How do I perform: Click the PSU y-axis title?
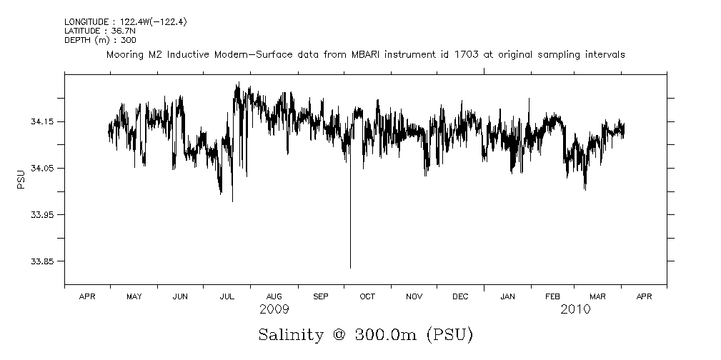pyautogui.click(x=21, y=179)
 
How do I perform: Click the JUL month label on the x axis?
pyautogui.click(x=227, y=296)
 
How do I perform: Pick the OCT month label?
pyautogui.click(x=367, y=296)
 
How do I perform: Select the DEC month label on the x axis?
pyautogui.click(x=460, y=296)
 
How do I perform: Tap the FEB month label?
pyautogui.click(x=553, y=296)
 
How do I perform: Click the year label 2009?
pyautogui.click(x=274, y=309)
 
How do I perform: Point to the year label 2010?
pyautogui.click(x=575, y=309)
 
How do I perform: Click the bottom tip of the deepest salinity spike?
pyautogui.click(x=350, y=268)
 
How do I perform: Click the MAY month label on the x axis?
pyautogui.click(x=134, y=296)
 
